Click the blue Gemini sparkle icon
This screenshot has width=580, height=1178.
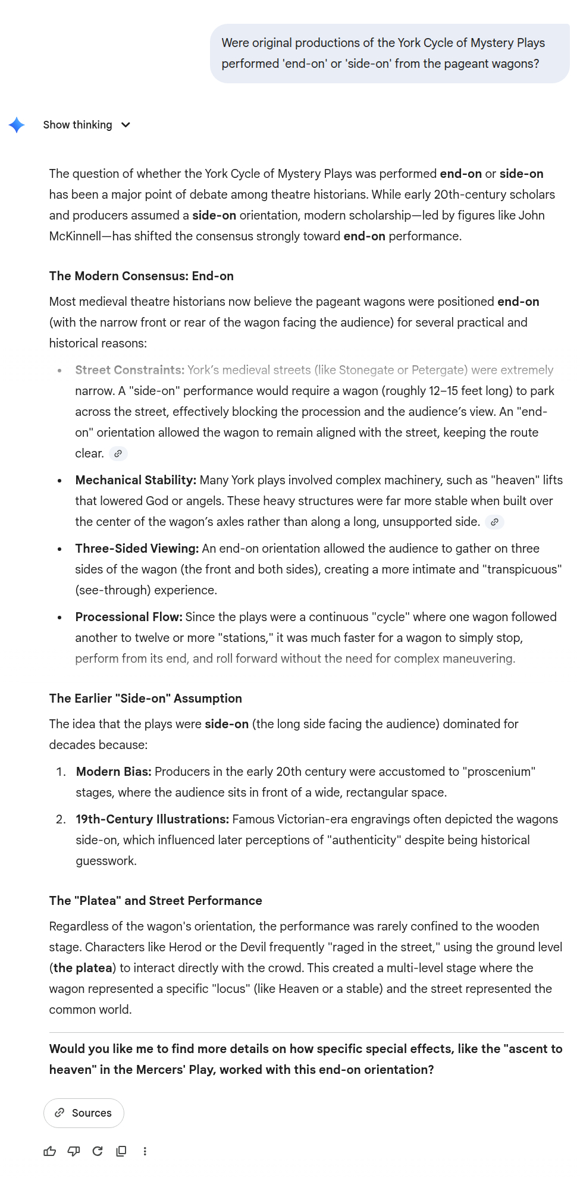(17, 125)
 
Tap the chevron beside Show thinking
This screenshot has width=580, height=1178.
(126, 125)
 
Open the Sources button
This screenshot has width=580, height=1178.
(84, 1113)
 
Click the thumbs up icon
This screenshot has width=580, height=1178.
(50, 1151)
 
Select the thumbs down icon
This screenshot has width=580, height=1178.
(74, 1151)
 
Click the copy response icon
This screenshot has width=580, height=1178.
(121, 1151)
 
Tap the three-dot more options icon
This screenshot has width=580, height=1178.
(145, 1151)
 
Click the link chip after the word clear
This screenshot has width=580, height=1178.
(118, 454)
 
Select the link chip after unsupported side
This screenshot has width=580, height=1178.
(494, 522)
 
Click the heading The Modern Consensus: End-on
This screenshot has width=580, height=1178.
(141, 276)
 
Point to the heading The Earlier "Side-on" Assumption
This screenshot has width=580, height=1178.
(145, 698)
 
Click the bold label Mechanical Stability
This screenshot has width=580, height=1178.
(135, 480)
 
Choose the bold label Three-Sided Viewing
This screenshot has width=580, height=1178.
(136, 549)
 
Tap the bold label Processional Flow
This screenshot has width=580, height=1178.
(128, 617)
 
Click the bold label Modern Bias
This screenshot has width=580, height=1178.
(113, 772)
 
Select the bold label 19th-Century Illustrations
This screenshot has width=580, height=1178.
(152, 819)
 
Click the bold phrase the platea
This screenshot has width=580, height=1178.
(83, 968)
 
